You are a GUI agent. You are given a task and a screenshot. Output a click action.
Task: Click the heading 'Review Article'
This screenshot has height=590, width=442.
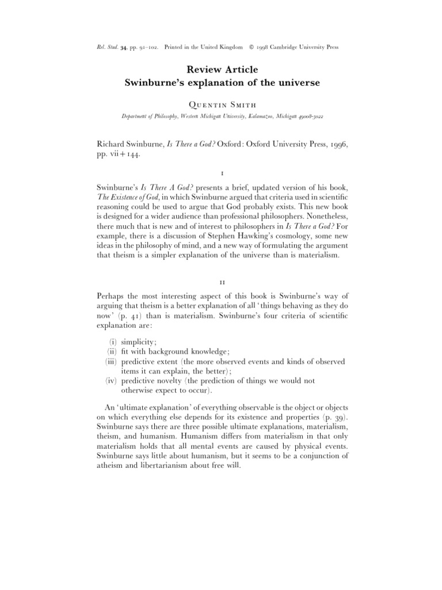click(222, 70)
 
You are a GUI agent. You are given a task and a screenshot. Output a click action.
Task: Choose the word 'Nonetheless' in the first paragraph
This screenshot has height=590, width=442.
click(319, 225)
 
